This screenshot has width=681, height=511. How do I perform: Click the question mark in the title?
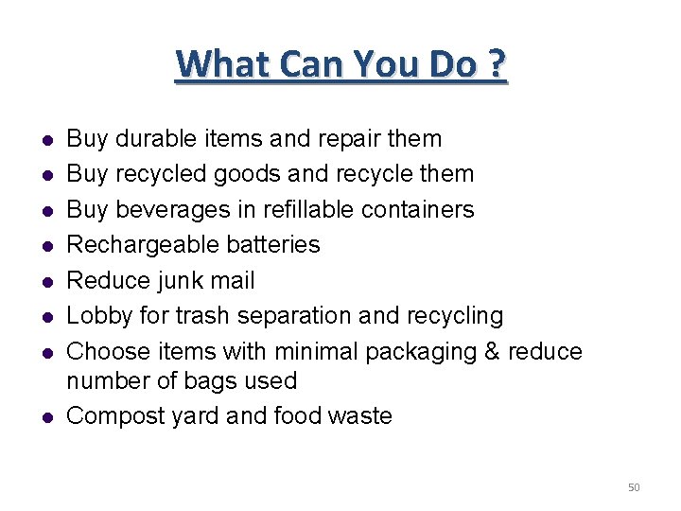click(x=496, y=65)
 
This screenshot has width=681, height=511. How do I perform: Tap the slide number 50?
click(x=634, y=487)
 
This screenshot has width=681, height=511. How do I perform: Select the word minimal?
click(x=316, y=351)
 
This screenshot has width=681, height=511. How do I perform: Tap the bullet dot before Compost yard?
click(x=45, y=416)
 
